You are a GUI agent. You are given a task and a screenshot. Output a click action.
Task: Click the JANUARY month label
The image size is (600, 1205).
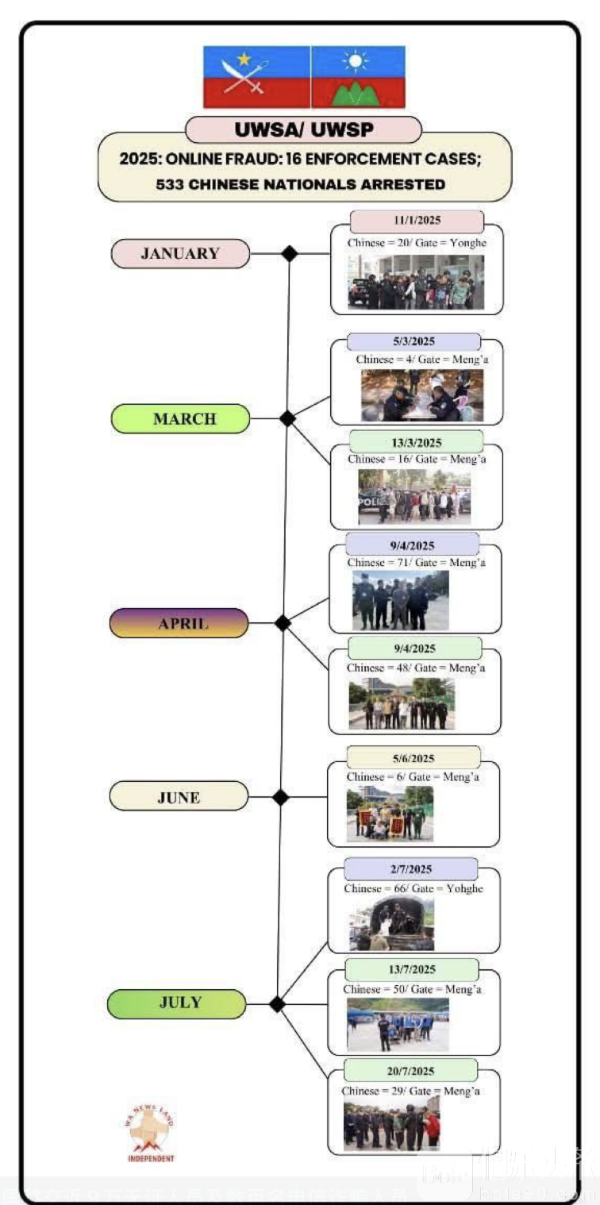click(x=180, y=254)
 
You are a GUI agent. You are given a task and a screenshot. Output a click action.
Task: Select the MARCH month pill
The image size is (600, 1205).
click(x=180, y=418)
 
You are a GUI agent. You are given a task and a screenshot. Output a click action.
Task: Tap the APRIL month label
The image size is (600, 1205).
click(x=179, y=623)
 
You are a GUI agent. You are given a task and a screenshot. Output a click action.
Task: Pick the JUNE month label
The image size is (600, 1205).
click(x=179, y=796)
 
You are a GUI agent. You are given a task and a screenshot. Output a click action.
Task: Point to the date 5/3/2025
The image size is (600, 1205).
click(x=413, y=342)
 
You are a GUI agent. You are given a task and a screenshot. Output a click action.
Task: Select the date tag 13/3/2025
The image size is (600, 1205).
click(x=416, y=442)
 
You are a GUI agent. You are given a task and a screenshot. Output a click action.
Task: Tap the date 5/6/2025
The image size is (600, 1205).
click(x=413, y=757)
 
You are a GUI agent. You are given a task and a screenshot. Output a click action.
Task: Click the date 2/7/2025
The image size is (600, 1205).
click(x=411, y=869)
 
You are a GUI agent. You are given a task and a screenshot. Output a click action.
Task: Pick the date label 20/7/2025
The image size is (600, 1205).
click(x=411, y=1070)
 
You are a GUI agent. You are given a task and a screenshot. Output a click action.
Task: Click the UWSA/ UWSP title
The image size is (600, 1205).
click(x=303, y=129)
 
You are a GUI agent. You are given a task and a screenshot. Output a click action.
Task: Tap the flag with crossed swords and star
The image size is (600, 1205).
click(x=256, y=76)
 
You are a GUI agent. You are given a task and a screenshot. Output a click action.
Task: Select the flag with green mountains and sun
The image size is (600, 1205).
click(x=359, y=76)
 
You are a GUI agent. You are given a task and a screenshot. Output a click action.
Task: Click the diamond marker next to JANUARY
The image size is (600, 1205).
click(x=290, y=254)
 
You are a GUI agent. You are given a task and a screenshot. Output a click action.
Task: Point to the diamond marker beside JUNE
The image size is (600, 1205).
click(x=280, y=796)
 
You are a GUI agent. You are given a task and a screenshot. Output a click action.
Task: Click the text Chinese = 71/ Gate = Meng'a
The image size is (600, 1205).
click(x=416, y=563)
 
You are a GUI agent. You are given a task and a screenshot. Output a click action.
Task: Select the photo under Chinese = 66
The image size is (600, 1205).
click(x=392, y=923)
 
